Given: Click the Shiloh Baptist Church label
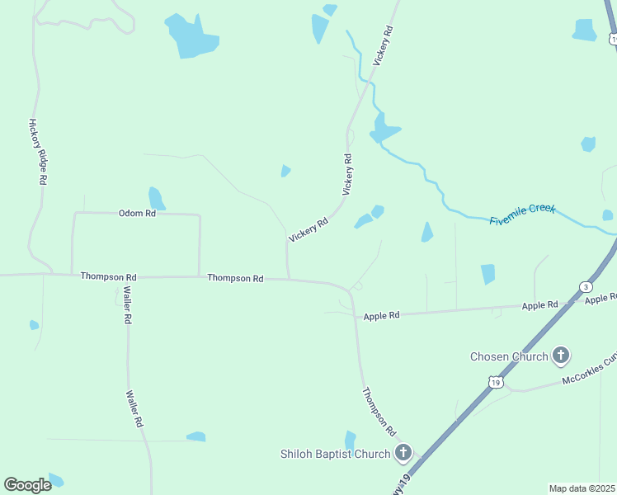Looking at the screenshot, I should tap(334, 454).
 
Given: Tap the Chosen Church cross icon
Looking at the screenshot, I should tap(561, 356).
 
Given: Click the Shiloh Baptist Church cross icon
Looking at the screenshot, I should tap(403, 452).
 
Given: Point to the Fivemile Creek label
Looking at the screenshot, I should tap(523, 214).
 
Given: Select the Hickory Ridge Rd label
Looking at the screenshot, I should tap(38, 151).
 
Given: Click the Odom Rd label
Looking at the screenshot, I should tap(137, 213).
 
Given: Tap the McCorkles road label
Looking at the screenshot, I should tap(589, 370).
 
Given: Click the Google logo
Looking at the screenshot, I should tap(27, 485).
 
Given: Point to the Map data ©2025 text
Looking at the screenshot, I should tap(582, 488).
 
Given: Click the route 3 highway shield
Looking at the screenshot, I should tap(586, 286).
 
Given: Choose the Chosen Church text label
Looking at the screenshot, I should tap(509, 356).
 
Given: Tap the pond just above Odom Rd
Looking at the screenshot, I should tap(156, 199).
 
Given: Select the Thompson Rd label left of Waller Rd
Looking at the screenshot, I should tap(108, 276).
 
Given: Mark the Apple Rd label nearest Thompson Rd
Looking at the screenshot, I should tap(381, 315).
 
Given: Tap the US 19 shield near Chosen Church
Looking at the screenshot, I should tap(494, 381).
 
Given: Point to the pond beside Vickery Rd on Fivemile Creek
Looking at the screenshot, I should tap(384, 129).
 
